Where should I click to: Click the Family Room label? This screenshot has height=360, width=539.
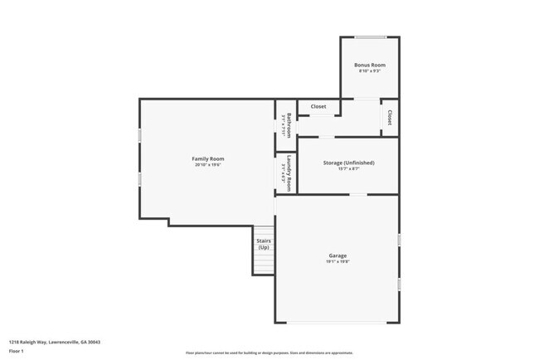point(208,158)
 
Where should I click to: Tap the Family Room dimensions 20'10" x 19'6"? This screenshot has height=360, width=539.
point(208,164)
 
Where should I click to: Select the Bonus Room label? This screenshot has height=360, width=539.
point(369,65)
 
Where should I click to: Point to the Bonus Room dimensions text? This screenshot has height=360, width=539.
point(369,71)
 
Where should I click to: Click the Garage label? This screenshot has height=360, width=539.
point(337,255)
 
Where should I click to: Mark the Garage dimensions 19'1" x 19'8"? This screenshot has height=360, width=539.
point(337,262)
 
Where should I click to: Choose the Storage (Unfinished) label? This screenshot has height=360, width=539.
point(348,163)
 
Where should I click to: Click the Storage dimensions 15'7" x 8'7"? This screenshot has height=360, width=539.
point(348,169)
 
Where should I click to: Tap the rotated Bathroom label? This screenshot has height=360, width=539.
point(289,124)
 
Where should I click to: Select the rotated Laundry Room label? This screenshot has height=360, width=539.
point(289,173)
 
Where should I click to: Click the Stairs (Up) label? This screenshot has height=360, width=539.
point(264,244)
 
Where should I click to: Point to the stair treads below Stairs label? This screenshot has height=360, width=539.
point(264,263)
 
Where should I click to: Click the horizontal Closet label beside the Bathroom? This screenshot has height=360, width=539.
point(318,106)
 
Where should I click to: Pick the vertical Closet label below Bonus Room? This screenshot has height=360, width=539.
point(390,117)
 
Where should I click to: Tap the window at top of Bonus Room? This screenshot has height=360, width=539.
point(370,36)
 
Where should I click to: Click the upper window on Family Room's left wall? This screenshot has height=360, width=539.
point(139,134)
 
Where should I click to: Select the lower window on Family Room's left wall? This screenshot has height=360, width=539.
point(139,178)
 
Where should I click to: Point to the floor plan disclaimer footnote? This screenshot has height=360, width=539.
point(269,353)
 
